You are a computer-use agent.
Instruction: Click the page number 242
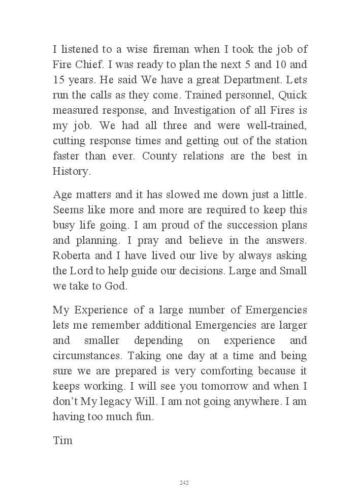point(184,483)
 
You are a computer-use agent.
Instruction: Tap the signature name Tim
point(63,440)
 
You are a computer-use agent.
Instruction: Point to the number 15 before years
point(59,80)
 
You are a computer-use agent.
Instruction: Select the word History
point(72,171)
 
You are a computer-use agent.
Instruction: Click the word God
point(116,286)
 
